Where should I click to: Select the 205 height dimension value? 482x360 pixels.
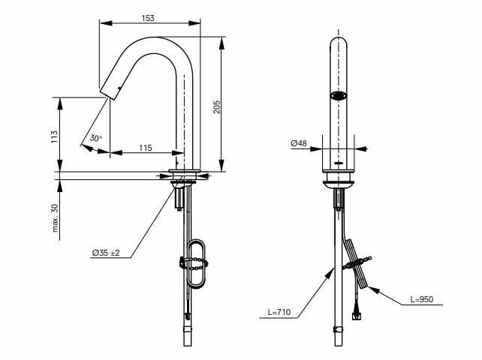coord(216,106)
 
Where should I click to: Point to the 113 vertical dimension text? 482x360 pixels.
coord(54,136)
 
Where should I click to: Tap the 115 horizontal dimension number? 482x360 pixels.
coord(144,146)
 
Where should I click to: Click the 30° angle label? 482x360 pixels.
coord(95,138)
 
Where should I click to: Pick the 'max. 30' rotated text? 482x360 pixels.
coord(55,217)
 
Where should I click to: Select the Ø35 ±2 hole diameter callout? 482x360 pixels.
coord(106,253)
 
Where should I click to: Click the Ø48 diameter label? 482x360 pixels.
coord(299,142)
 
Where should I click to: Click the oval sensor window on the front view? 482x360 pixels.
coord(339,95)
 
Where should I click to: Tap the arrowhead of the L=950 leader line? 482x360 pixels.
coord(371,286)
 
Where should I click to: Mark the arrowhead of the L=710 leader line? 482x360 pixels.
coord(332,269)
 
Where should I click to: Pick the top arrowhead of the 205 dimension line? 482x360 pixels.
coord(221,40)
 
